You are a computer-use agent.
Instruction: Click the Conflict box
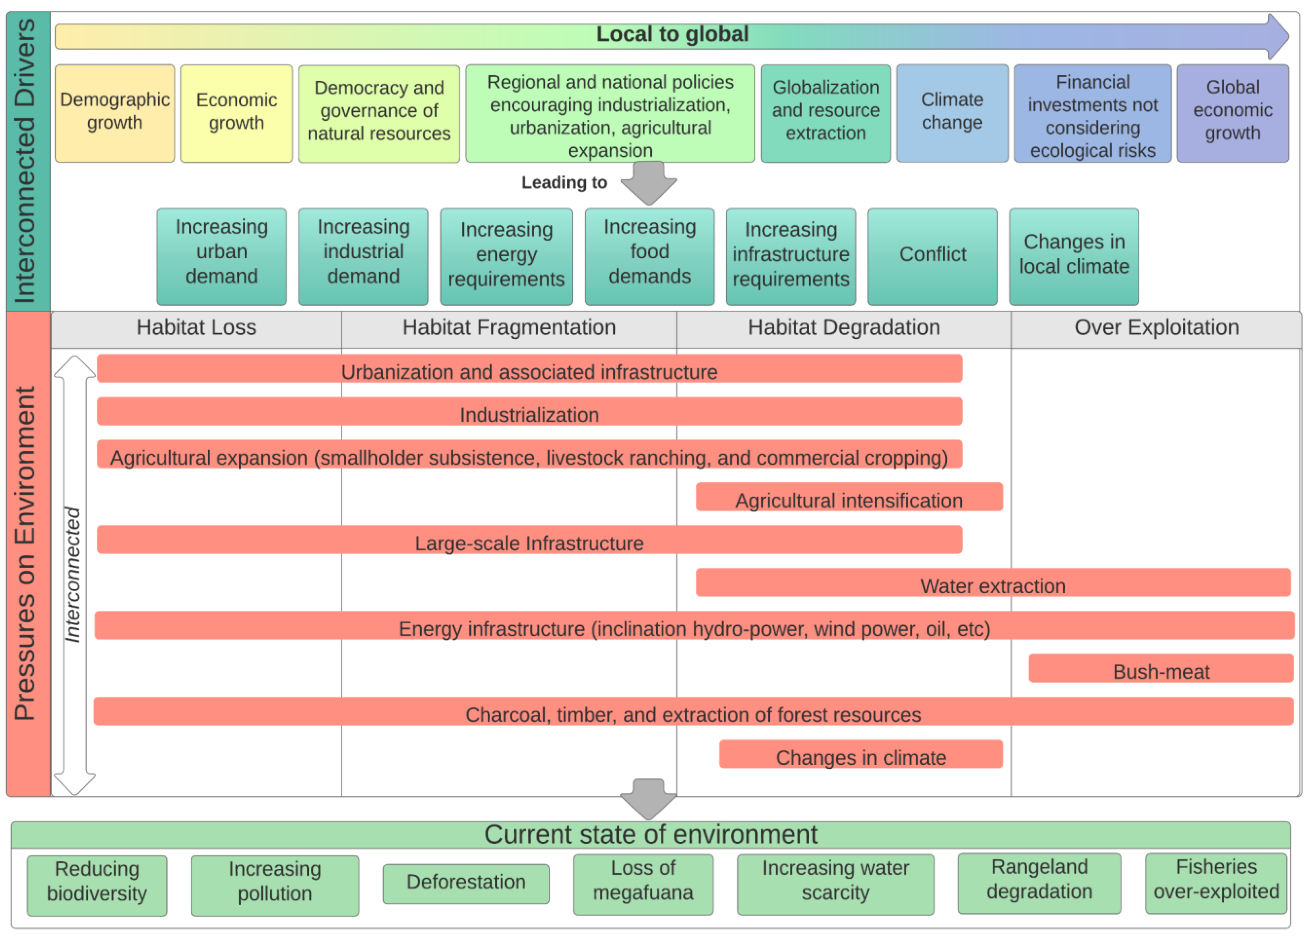[x=932, y=256]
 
